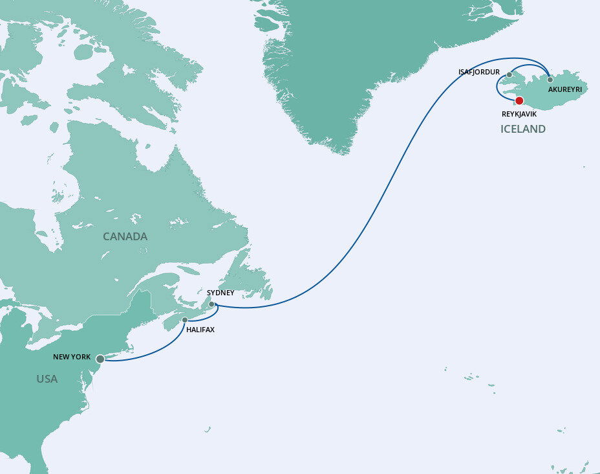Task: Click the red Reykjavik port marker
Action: (x=519, y=100)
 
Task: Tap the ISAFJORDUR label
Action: (x=479, y=72)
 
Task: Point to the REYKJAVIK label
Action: (x=519, y=113)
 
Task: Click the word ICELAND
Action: (x=523, y=129)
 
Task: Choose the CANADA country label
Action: (x=125, y=236)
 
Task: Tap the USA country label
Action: (x=47, y=379)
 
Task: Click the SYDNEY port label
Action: (x=220, y=293)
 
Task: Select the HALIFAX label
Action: (x=200, y=330)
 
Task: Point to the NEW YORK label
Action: (x=72, y=357)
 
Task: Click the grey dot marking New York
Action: (x=100, y=359)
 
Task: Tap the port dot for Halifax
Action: (x=185, y=320)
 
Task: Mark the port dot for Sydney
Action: (x=211, y=304)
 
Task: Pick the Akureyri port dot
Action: (x=550, y=80)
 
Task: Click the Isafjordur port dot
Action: (x=509, y=74)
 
